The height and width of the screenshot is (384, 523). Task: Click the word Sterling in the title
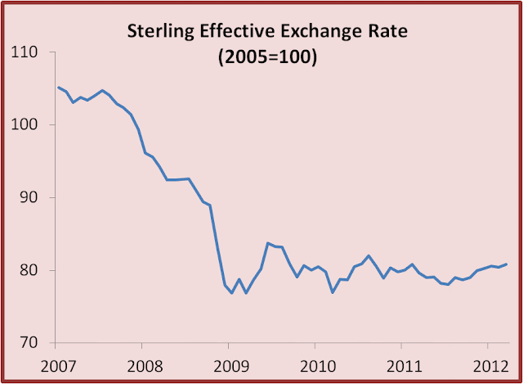(x=160, y=32)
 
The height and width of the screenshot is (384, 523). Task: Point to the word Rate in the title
(x=387, y=31)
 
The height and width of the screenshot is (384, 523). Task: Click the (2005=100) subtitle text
(x=267, y=57)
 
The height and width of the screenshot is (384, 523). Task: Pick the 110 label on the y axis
(x=24, y=52)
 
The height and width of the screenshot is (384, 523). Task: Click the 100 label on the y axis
(x=24, y=124)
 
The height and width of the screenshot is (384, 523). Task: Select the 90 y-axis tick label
(x=29, y=197)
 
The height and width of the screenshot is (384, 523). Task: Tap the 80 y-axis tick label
(x=29, y=270)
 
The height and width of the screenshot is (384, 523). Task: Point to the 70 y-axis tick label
(x=29, y=342)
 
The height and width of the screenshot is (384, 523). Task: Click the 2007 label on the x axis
(x=58, y=367)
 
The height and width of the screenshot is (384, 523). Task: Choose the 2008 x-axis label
(x=145, y=367)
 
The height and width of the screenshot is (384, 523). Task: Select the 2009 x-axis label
(x=231, y=367)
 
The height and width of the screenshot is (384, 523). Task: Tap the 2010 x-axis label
(x=318, y=367)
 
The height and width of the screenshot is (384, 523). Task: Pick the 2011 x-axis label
(x=405, y=367)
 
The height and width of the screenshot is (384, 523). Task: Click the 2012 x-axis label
(x=490, y=367)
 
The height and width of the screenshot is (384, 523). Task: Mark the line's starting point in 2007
(x=59, y=88)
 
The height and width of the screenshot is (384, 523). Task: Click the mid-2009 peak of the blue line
(x=268, y=243)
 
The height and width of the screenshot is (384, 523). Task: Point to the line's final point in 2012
(x=507, y=264)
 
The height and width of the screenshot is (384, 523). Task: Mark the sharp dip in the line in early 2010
(x=333, y=292)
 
